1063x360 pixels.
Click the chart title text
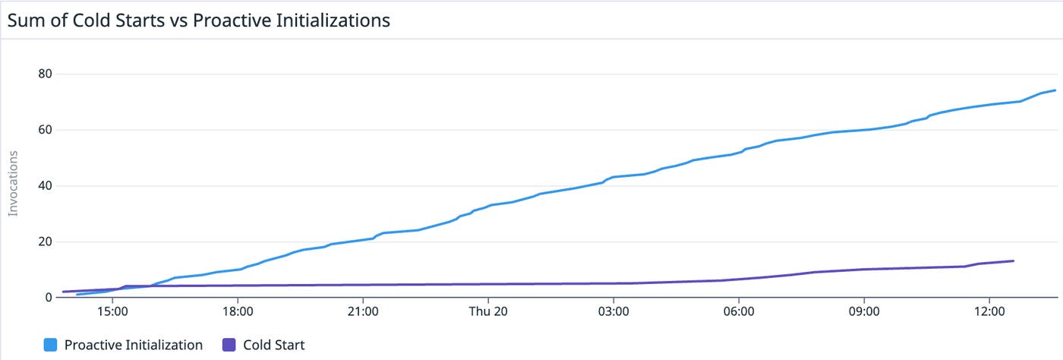click(x=198, y=21)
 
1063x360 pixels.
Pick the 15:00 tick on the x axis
click(x=112, y=311)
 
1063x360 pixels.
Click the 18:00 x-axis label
click(x=238, y=311)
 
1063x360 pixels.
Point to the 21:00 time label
click(x=363, y=311)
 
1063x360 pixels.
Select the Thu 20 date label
click(x=488, y=311)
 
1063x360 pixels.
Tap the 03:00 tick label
click(x=614, y=311)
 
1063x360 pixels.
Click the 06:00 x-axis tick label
click(x=739, y=311)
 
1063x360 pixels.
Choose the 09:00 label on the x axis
click(x=864, y=311)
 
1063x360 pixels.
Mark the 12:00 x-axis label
click(x=989, y=311)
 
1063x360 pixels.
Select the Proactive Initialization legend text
click(x=134, y=345)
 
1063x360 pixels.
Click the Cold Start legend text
click(x=273, y=345)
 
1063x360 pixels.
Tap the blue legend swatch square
click(x=51, y=346)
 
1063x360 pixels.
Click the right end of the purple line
click(x=1014, y=261)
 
